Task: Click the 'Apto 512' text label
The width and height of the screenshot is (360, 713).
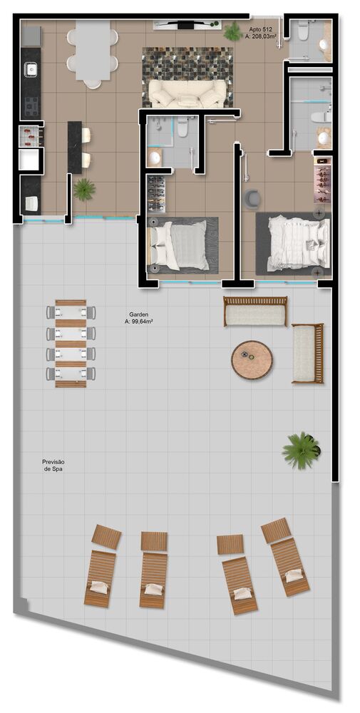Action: tap(260, 29)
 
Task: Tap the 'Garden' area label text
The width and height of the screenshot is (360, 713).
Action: tap(139, 314)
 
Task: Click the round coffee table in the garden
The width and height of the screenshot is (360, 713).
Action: tap(252, 360)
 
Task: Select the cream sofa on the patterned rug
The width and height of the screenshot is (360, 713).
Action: tap(187, 93)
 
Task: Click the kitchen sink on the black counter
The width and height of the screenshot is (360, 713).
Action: tap(31, 70)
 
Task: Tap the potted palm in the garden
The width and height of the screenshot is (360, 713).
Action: tap(300, 450)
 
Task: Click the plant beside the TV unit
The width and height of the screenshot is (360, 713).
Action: tap(232, 31)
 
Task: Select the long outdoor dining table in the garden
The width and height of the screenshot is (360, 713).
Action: tap(71, 343)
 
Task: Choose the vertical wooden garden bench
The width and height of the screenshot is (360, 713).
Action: tap(307, 354)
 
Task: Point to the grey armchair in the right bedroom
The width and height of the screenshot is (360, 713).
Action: tap(252, 198)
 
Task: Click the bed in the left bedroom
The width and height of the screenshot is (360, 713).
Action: tap(180, 245)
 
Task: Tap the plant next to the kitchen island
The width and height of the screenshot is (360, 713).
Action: tap(84, 189)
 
